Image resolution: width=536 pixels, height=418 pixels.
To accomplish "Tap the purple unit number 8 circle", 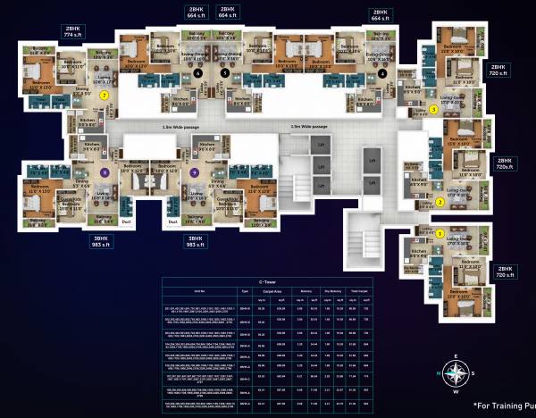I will pos(105,172).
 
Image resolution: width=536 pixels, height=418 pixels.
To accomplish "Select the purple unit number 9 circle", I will pos(194,172).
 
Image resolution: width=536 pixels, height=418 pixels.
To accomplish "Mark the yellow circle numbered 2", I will pos(440,201).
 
